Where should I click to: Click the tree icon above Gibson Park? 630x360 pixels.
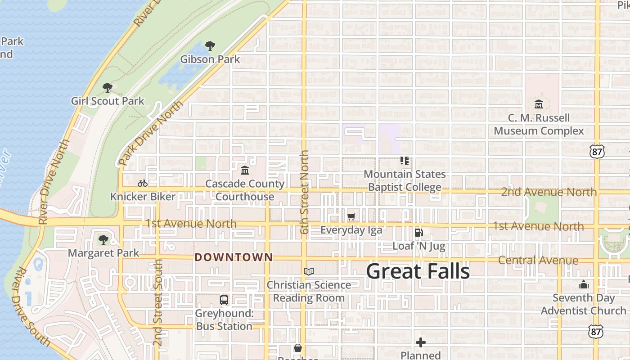pos(210,45)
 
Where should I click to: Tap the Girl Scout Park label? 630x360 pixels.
pos(108,101)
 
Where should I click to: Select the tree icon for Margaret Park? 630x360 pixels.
pos(103,239)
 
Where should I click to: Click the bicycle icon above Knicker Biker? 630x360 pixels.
pos(143,183)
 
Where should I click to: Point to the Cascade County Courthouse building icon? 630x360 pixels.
pos(245,170)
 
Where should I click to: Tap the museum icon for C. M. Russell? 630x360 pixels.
pos(538,104)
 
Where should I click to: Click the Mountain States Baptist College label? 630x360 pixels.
pos(405,180)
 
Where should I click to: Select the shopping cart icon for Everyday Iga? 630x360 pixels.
pos(351,217)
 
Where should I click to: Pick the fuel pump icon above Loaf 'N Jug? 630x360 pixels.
pos(418,233)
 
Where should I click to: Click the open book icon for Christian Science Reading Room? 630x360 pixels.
pos(308,271)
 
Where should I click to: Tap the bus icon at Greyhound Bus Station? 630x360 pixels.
pos(224,300)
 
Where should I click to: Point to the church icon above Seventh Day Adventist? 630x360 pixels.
pos(584,284)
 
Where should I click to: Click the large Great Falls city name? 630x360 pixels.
pos(418,271)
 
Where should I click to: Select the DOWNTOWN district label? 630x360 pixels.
pos(234,257)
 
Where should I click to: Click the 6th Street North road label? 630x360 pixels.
pos(305,192)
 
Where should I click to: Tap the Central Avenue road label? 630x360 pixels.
pos(538,260)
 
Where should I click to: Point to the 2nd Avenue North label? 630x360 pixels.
pos(549,192)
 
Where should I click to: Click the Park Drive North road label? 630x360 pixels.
pos(151,133)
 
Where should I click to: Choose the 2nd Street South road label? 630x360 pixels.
pos(157,302)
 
